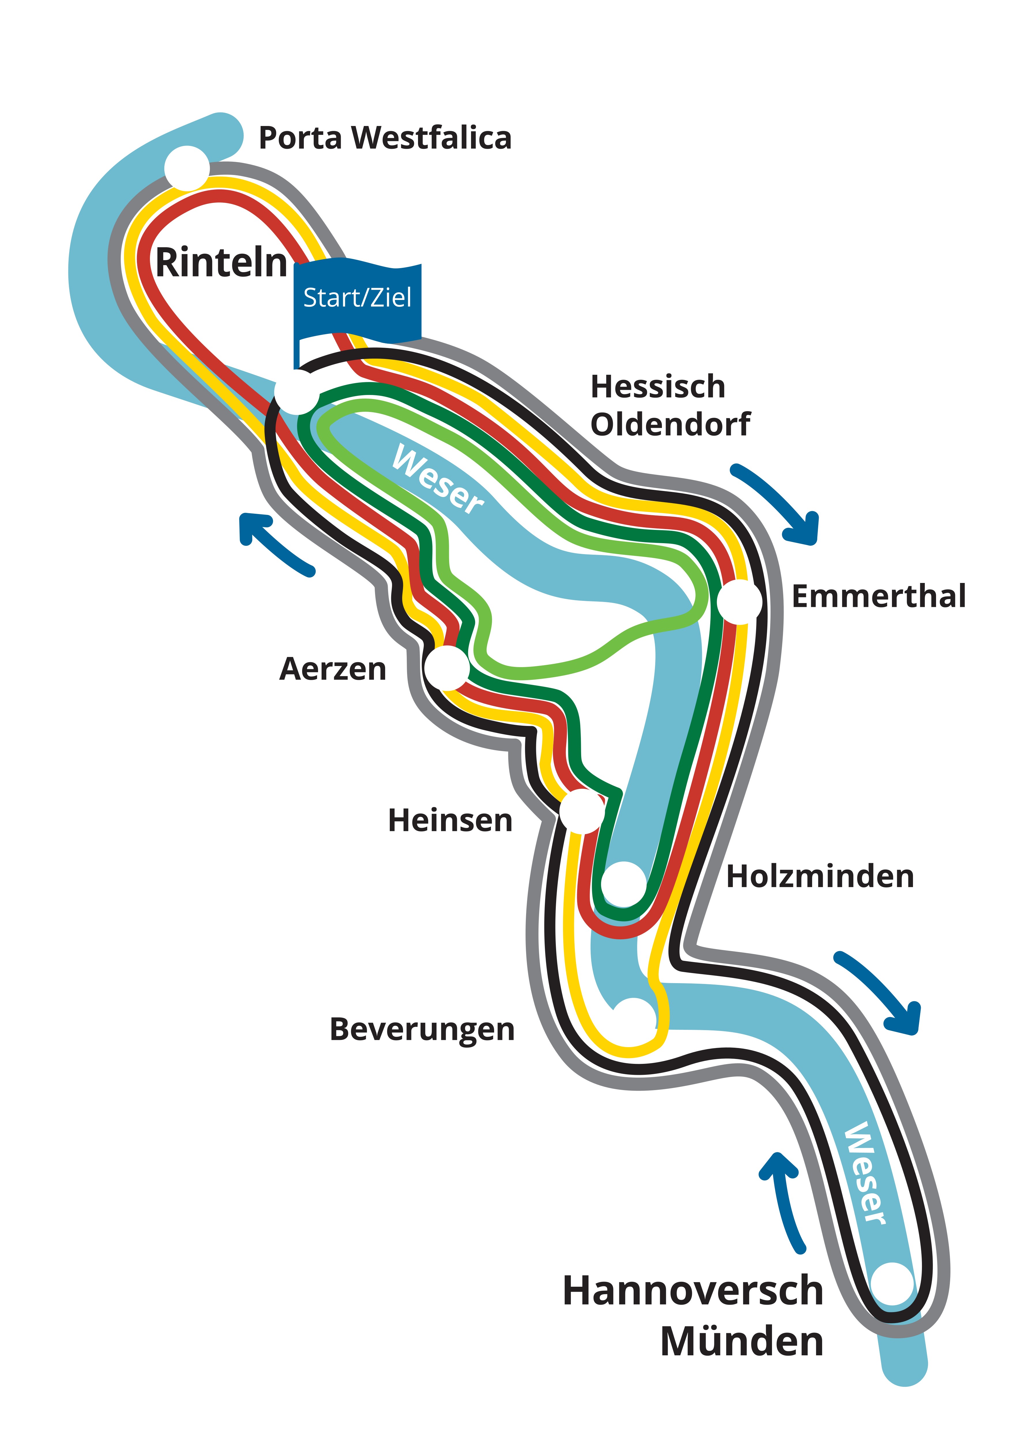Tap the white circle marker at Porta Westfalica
click(x=187, y=168)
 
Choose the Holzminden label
click(x=820, y=876)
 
